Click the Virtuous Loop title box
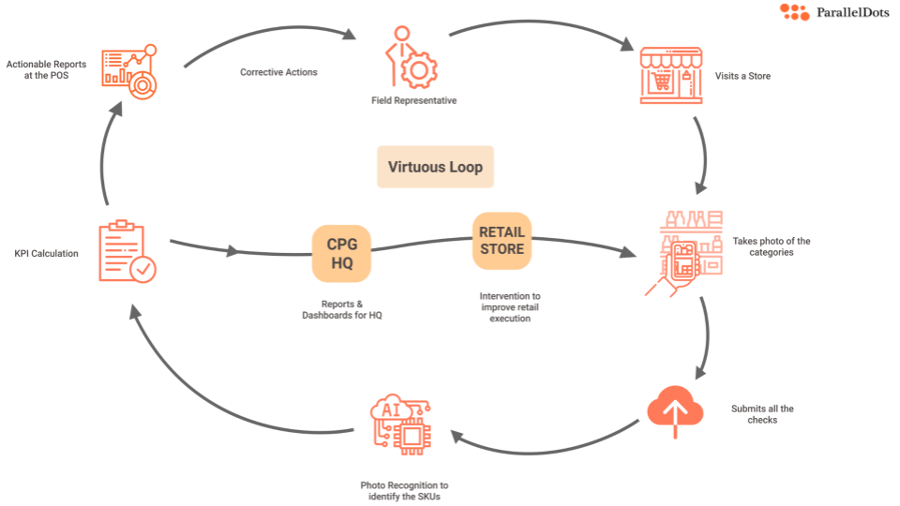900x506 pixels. (x=435, y=167)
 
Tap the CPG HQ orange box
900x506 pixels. (x=342, y=253)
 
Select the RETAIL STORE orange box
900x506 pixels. (x=502, y=240)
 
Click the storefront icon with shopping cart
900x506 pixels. (x=670, y=74)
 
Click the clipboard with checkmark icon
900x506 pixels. (x=127, y=252)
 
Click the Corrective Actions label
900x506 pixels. (x=278, y=72)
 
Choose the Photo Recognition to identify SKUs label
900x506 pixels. (x=404, y=491)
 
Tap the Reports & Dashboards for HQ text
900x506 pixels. (x=341, y=310)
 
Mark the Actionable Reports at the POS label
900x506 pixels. (x=46, y=69)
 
